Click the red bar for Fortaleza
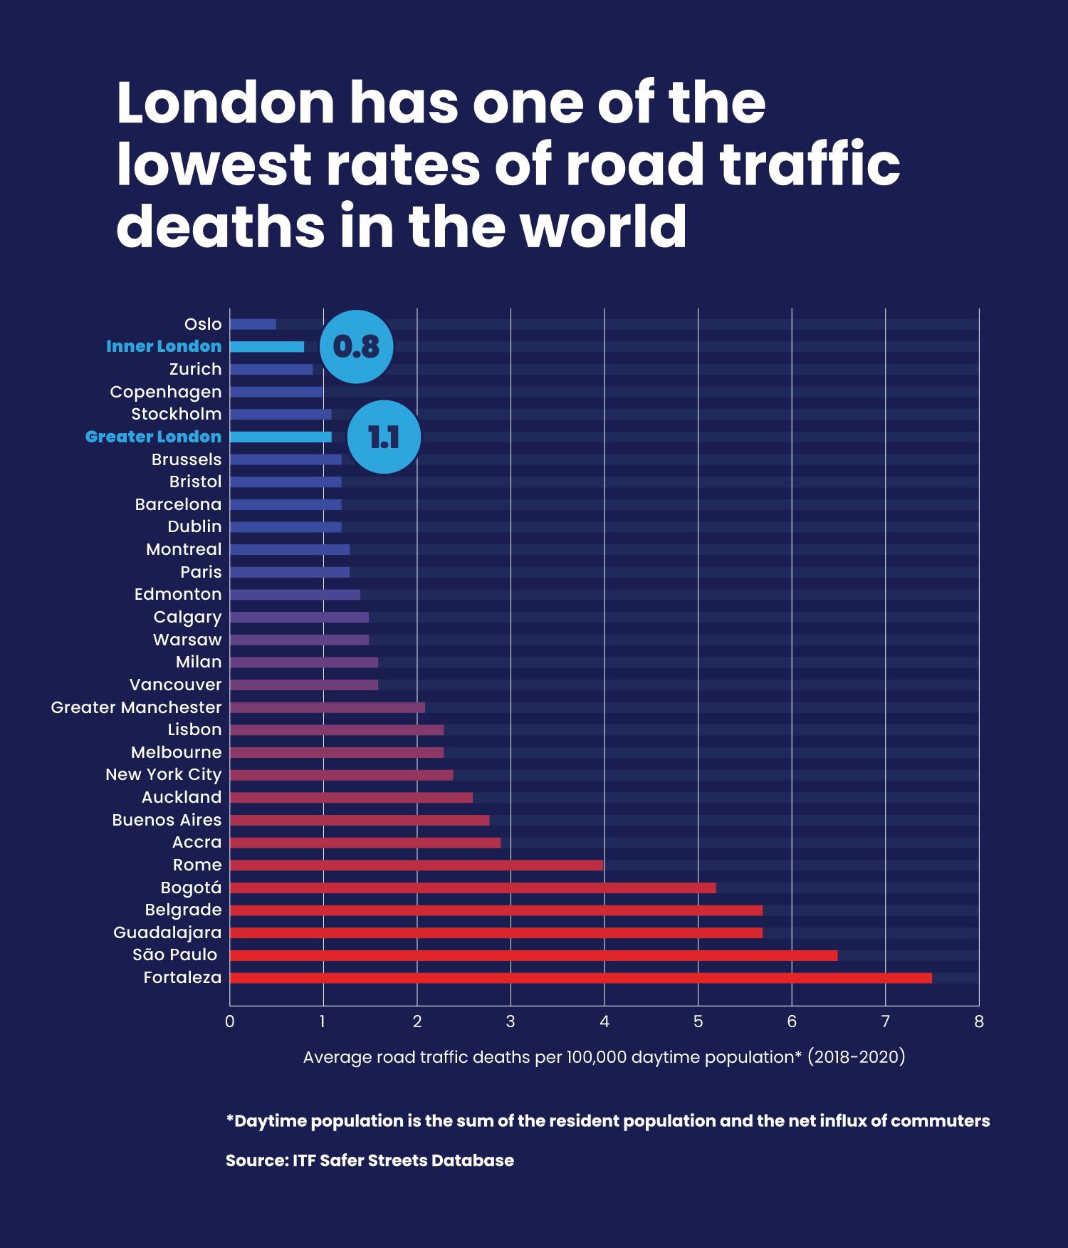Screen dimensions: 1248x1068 [x=580, y=977]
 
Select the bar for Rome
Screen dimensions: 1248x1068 [x=416, y=865]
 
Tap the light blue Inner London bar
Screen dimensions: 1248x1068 [x=267, y=347]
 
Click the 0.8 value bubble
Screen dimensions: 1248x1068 [x=356, y=347]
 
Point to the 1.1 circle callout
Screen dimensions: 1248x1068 [x=384, y=437]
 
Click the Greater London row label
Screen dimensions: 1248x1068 [x=153, y=437]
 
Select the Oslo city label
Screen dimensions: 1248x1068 [x=203, y=324]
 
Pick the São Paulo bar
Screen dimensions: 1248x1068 [x=533, y=955]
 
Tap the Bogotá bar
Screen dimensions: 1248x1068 [x=472, y=888]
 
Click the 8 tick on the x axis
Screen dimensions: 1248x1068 [x=979, y=1021]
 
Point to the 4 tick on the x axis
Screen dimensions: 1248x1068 [x=604, y=1021]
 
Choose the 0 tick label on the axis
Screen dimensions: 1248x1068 [x=229, y=1021]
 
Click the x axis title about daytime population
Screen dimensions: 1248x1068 [x=604, y=1056]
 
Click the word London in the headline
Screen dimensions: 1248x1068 [x=225, y=103]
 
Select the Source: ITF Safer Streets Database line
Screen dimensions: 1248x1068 [x=370, y=1160]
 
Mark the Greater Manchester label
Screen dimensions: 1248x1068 [x=136, y=707]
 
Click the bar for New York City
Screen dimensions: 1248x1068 [x=341, y=775]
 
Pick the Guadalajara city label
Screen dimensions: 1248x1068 [x=167, y=932]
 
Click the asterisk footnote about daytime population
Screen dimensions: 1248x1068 [x=607, y=1120]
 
